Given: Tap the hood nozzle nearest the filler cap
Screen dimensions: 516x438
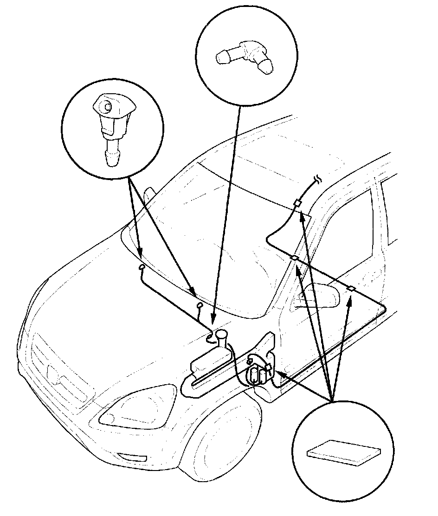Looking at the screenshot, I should [200, 305].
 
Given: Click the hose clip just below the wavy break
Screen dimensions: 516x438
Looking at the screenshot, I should [297, 203].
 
